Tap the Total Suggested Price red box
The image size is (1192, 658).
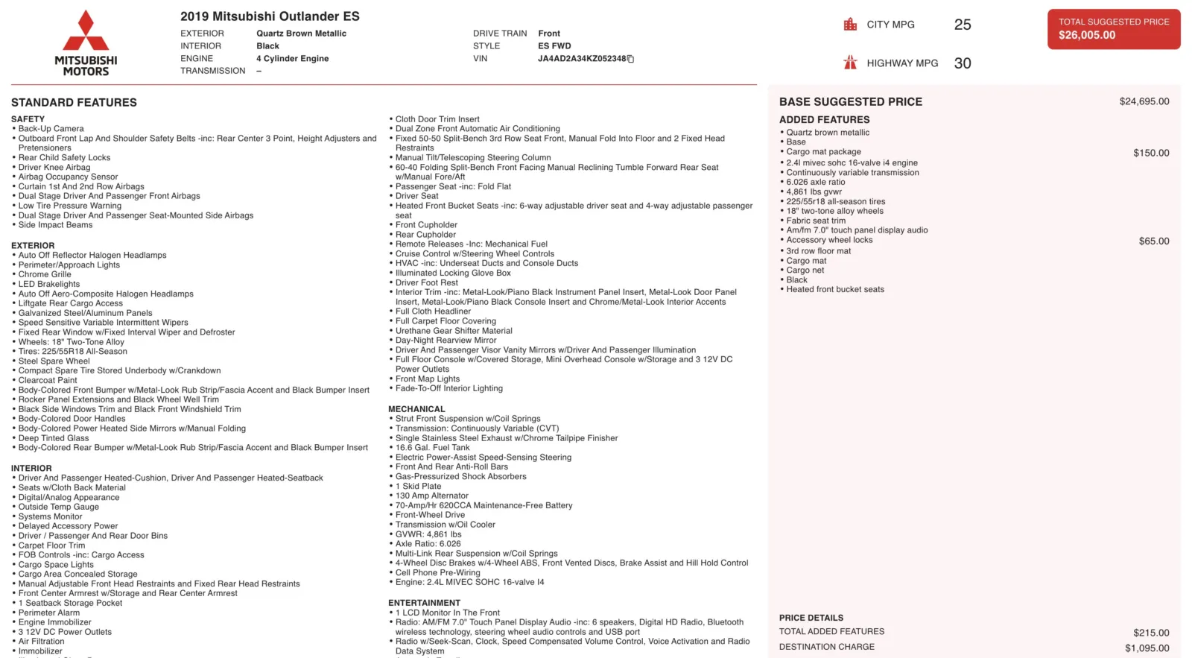[x=1113, y=29]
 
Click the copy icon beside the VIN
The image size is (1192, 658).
[x=630, y=59]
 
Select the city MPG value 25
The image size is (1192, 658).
[x=963, y=25]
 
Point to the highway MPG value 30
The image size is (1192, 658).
[x=963, y=63]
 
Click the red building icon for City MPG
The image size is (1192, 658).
[x=850, y=25]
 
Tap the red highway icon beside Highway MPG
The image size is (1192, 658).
[x=850, y=63]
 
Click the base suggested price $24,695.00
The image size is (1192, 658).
[x=1144, y=101]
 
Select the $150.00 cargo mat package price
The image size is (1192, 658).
[x=1151, y=153]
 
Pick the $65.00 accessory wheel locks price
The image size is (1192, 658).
[x=1153, y=241]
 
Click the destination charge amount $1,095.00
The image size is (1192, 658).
[x=1147, y=648]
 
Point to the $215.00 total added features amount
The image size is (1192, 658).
[x=1151, y=633]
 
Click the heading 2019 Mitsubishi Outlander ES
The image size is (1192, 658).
[x=270, y=16]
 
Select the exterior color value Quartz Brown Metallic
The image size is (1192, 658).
[x=301, y=34]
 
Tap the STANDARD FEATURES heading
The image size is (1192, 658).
[x=74, y=102]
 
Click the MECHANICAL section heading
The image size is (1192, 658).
[x=416, y=409]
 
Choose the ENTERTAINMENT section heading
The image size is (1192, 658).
[x=424, y=603]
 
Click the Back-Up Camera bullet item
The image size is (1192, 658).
[x=51, y=129]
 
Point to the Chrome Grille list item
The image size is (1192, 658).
[x=45, y=274]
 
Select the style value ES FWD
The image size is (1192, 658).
[x=554, y=46]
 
